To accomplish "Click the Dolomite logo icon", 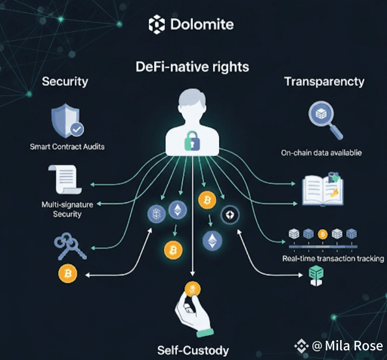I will pos(157,24).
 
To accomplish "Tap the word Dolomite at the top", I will pos(202,25).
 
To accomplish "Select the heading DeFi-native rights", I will pos(192,67).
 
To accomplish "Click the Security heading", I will pos(65,82).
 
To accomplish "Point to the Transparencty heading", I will pos(324,82).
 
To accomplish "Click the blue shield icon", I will pos(66,121).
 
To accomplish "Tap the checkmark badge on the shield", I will pos(77,129).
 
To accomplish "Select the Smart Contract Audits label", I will pos(68,146).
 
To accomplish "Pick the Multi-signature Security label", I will pos(67,209).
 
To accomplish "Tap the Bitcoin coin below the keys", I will pos(68,273).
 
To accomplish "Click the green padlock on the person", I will pos(192,142).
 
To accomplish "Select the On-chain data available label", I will pos(321,153).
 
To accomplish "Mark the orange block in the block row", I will pos(322,234).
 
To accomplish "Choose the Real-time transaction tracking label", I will pos(333,259).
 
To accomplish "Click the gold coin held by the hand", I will pos(192,290).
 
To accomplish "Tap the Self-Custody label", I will pos(193,350).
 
